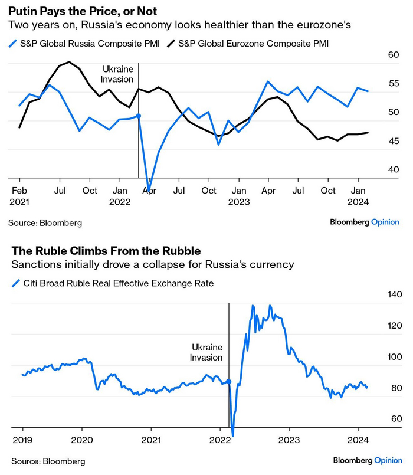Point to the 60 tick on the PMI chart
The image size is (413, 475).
394,55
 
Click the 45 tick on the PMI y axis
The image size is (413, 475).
394,141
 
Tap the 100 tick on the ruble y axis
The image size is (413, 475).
392,357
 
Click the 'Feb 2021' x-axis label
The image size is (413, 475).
19,196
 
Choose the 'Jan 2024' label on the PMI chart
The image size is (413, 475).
358,196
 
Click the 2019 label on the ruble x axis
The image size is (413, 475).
23,440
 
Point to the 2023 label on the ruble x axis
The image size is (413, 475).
289,440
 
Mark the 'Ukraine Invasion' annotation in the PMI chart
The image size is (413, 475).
118,74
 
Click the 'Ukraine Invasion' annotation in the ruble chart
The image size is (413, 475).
206,352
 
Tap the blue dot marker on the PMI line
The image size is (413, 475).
138,117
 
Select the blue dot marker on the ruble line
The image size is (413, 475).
229,382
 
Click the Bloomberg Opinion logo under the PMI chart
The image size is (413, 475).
364,222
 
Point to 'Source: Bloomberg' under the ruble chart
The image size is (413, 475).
47,461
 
